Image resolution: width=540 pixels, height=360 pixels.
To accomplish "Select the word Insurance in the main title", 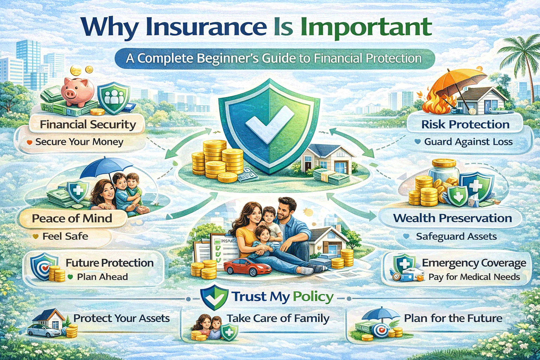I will [x=206, y=27].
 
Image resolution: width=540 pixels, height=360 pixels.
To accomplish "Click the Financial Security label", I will [x=88, y=124].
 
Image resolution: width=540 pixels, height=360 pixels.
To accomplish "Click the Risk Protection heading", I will [x=465, y=124].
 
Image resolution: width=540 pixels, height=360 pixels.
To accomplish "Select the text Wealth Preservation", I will [x=452, y=218].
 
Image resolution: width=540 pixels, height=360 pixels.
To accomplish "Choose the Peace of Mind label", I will [x=72, y=218].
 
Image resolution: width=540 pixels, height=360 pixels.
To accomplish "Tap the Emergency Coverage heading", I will [x=474, y=263].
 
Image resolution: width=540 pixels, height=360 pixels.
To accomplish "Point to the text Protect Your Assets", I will [x=121, y=319].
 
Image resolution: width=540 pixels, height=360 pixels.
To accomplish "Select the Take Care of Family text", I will [x=278, y=319].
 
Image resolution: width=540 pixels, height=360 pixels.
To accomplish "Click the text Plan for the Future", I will [x=453, y=319].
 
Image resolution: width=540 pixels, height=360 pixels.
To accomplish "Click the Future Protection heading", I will [x=109, y=263].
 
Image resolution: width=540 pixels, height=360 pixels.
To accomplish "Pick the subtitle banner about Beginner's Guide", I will [x=274, y=58].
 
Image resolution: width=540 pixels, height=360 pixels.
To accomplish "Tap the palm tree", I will [x=524, y=56].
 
